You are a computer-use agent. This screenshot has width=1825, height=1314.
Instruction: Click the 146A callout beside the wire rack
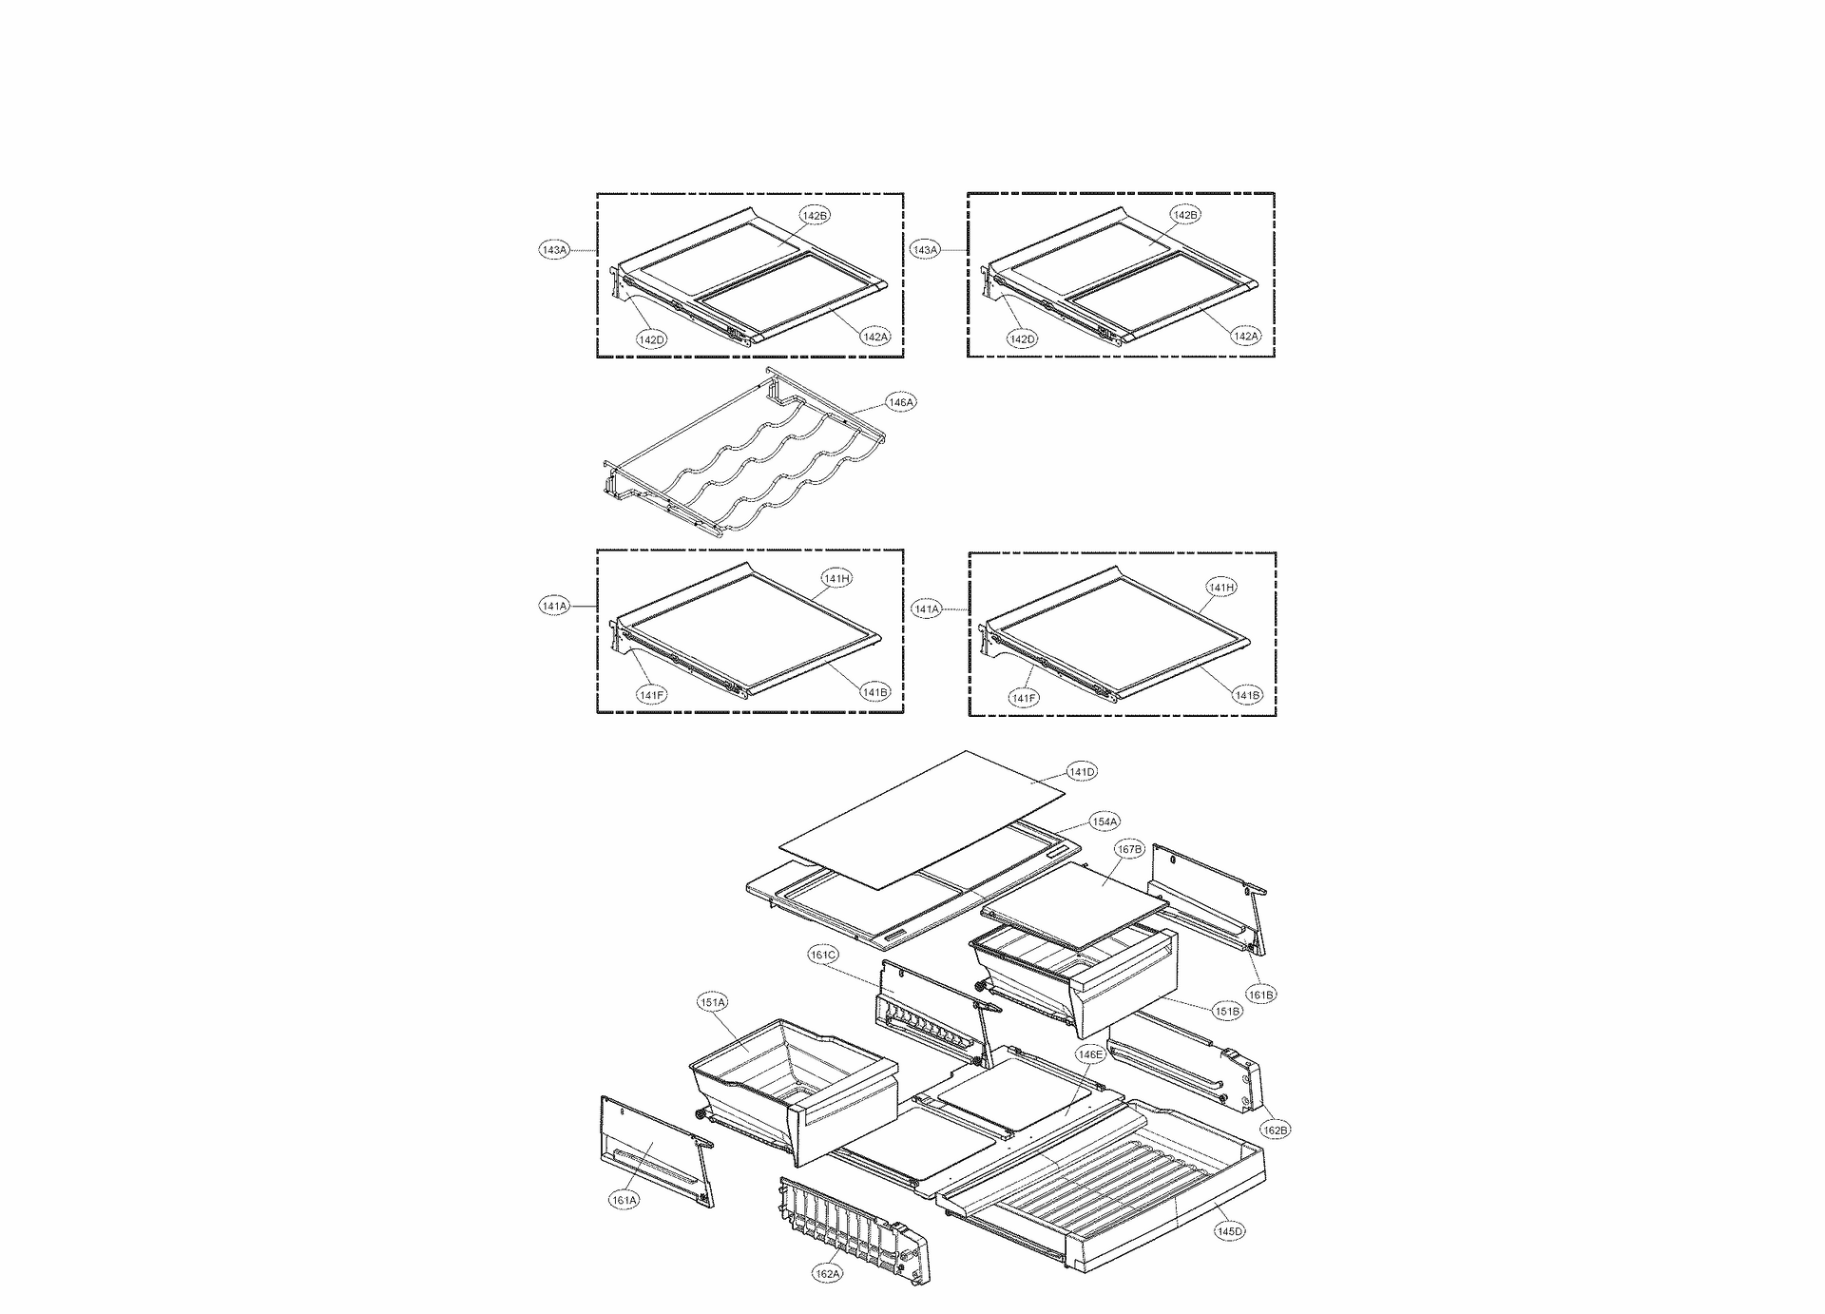point(901,402)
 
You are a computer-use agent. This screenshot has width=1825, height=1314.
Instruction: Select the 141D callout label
point(1082,772)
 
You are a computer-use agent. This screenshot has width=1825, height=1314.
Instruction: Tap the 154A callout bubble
point(1105,821)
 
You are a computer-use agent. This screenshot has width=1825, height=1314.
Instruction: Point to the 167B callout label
point(1129,849)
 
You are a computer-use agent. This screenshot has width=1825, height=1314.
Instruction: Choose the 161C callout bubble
point(823,955)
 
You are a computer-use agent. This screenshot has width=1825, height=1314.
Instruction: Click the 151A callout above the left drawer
point(713,1002)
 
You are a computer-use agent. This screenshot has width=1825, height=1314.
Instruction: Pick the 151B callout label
point(1227,1012)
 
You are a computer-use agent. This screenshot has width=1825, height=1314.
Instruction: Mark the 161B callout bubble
point(1261,995)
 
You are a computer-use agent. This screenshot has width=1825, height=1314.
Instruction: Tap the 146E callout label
point(1090,1054)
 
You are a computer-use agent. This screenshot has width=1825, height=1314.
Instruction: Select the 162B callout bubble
point(1276,1130)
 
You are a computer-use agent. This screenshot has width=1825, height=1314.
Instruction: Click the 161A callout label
point(624,1200)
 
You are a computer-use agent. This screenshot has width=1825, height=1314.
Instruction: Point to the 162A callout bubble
point(827,1274)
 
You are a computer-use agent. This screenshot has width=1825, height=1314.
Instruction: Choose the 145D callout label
point(1229,1231)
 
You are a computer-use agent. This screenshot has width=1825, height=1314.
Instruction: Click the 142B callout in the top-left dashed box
point(815,216)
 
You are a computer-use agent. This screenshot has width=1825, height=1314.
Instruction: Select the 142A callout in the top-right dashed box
point(1245,336)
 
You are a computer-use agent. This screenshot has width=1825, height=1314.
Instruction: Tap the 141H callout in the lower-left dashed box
point(836,578)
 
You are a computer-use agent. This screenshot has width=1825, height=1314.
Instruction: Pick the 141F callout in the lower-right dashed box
point(1024,698)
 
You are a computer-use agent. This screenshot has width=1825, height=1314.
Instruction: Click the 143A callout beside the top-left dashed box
point(554,250)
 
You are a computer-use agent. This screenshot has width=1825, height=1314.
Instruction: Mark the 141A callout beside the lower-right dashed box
point(926,609)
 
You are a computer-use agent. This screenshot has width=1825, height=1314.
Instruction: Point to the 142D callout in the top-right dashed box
point(1023,339)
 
